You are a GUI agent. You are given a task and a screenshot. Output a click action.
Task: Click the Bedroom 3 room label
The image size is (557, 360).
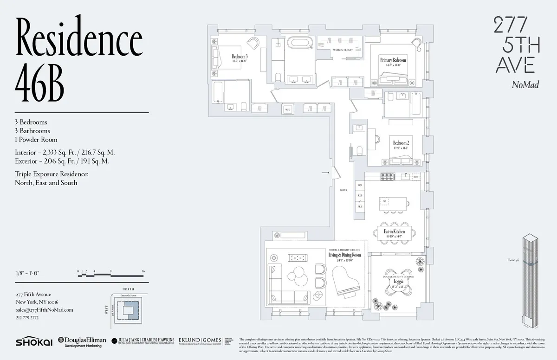coord(240,57)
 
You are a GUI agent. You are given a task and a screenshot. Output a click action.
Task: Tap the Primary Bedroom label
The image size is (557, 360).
coord(393,60)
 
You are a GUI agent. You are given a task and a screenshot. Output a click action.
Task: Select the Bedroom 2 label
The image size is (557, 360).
coord(401,142)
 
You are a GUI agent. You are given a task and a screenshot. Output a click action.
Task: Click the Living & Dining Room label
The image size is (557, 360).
coord(344,255)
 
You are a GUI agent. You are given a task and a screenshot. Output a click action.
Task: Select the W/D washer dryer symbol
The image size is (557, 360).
coord(288,110)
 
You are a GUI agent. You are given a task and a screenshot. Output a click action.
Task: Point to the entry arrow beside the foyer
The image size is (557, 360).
coord(325,173)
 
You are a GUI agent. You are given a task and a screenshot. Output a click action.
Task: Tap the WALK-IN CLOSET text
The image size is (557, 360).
coord(343,49)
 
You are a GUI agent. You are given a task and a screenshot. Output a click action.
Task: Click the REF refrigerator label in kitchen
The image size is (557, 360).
coord(360,196)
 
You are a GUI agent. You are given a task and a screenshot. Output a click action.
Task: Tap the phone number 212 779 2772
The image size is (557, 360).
coord(27,318)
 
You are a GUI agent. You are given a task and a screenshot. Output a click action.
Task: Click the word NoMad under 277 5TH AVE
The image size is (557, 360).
coord(525,84)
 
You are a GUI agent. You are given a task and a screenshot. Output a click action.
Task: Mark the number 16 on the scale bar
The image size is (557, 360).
coord(143,271)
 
